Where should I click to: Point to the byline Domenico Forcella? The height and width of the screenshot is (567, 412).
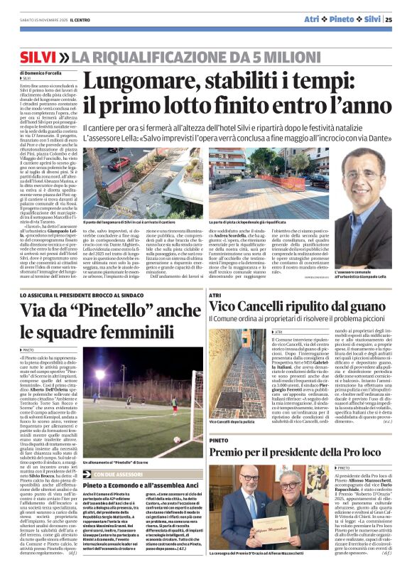[x=43, y=72]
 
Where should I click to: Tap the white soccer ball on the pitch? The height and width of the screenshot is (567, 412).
[x=177, y=438]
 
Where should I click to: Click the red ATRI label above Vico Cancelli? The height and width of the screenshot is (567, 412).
[x=216, y=293]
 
